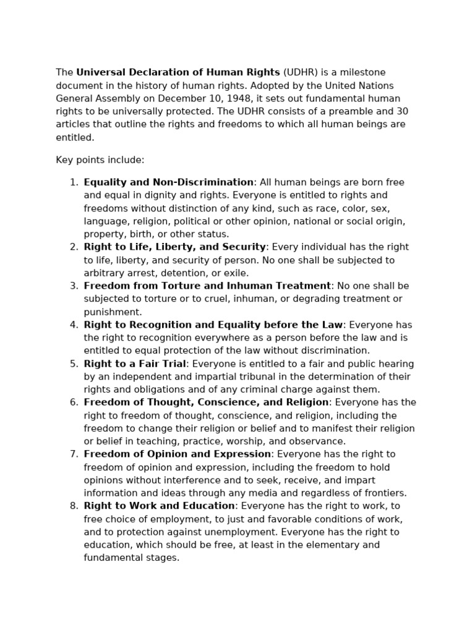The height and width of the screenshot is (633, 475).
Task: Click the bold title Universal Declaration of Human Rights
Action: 178,73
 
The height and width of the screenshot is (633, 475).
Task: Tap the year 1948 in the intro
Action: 233,99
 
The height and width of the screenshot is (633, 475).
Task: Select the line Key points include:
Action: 100,160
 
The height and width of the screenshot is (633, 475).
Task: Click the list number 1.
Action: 74,182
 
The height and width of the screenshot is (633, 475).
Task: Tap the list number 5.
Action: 74,364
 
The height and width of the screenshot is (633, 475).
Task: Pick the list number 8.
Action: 74,506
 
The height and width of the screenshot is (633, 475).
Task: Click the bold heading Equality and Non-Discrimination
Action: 168,182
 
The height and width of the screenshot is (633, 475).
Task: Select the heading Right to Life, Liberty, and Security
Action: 174,247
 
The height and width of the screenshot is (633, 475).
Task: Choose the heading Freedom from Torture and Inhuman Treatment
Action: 207,286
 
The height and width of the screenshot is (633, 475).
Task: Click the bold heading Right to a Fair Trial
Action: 135,364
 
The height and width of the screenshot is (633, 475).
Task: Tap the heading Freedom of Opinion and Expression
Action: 177,454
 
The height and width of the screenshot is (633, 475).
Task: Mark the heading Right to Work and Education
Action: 159,506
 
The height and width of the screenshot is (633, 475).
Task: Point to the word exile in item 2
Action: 237,273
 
